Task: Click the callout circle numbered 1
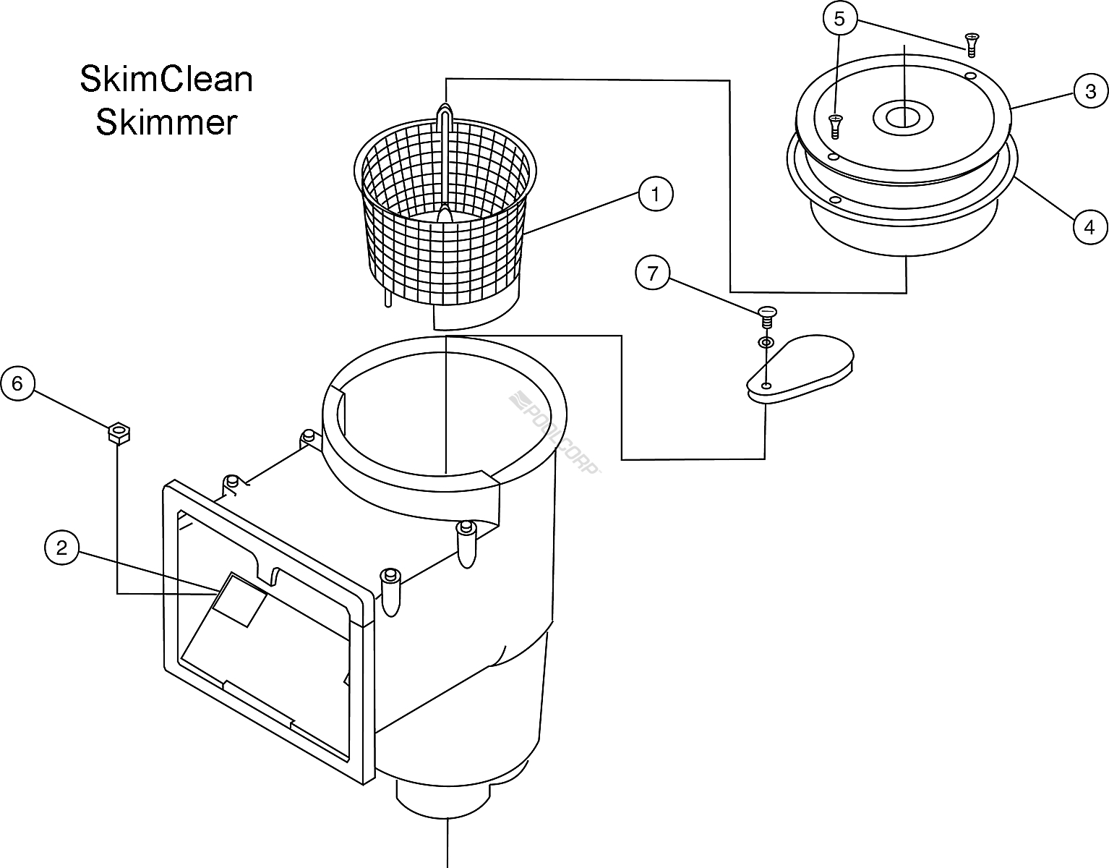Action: (x=656, y=194)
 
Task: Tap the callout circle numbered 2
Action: (x=61, y=548)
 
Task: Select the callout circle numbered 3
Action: (x=1089, y=91)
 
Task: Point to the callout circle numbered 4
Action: (x=1089, y=227)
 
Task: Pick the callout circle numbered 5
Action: (x=839, y=19)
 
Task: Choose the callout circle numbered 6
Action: (x=17, y=383)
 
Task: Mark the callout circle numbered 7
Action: (x=653, y=275)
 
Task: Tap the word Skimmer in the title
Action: (x=166, y=122)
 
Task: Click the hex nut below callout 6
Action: (x=118, y=434)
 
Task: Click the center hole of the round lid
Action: (x=903, y=116)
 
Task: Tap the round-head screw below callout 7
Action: (x=766, y=315)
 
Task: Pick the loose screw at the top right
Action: (x=972, y=43)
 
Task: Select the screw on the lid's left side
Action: (x=836, y=127)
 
